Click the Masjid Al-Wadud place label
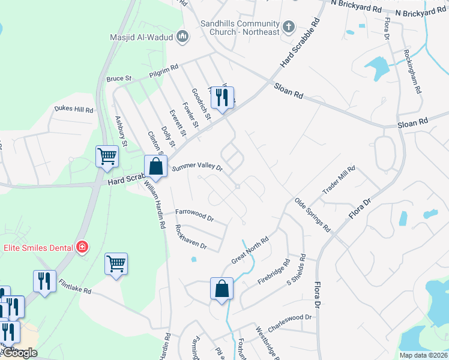[141, 38]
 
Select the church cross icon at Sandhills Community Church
[289, 26]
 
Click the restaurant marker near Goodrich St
[222, 97]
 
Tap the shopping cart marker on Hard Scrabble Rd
[107, 156]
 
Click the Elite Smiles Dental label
[38, 247]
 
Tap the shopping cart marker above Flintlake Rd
[116, 263]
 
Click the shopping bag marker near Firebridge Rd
[221, 289]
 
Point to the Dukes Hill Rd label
[74, 110]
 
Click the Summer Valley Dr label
[197, 168]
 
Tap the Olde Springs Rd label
[312, 215]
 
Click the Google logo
[19, 353]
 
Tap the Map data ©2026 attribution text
[423, 355]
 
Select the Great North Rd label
[250, 250]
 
